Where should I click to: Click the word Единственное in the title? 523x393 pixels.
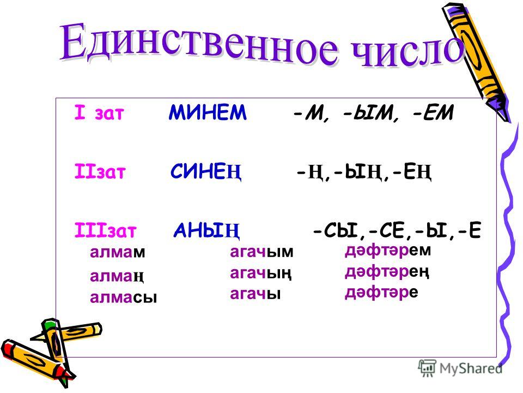(x=199, y=44)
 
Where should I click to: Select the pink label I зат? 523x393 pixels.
(x=99, y=112)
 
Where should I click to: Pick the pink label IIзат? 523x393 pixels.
(x=100, y=171)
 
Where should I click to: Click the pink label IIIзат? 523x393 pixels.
(x=105, y=230)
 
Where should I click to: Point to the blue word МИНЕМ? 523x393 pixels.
(x=208, y=112)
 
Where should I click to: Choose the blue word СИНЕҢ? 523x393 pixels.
(x=206, y=172)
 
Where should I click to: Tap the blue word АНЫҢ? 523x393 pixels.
(x=206, y=230)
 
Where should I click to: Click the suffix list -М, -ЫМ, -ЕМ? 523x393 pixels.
(x=373, y=112)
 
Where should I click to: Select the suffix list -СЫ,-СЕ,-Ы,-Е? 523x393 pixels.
(x=397, y=230)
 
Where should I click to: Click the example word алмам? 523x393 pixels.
(x=118, y=252)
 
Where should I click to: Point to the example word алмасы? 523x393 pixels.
(x=124, y=297)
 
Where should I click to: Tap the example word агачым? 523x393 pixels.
(x=261, y=252)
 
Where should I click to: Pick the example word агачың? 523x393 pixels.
(x=261, y=273)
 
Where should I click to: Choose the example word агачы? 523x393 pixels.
(x=255, y=294)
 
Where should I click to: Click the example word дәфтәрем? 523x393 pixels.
(x=388, y=251)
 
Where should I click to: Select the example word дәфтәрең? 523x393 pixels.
(x=387, y=272)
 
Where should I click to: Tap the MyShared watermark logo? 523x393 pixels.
(x=460, y=368)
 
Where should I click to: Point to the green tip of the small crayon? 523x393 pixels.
(x=49, y=324)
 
